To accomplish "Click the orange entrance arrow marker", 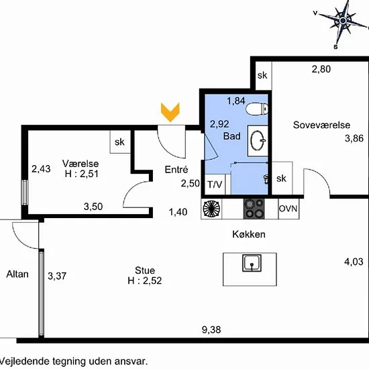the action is click(x=170, y=112).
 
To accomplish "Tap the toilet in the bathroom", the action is click(x=257, y=109).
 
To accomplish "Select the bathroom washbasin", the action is click(x=258, y=141).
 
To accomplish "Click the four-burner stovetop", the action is click(x=254, y=209).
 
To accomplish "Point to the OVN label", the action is click(x=288, y=209).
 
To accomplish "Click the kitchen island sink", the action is click(x=252, y=262).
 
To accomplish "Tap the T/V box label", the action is click(x=215, y=184).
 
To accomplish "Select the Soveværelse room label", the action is click(x=321, y=125).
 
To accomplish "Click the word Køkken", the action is click(x=249, y=234).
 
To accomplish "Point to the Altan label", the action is click(x=17, y=274).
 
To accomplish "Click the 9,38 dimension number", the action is click(x=211, y=329).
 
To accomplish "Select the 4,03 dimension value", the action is click(x=354, y=262).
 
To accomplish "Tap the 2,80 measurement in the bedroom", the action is click(x=321, y=69).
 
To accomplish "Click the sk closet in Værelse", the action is click(x=120, y=142).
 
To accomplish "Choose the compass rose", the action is click(x=342, y=21).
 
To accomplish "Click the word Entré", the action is click(x=176, y=170).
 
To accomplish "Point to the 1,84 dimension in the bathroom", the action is click(x=236, y=101).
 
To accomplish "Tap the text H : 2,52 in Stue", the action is click(x=145, y=280).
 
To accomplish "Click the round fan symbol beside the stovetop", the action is click(x=211, y=209).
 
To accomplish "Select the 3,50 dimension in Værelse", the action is click(x=93, y=207).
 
